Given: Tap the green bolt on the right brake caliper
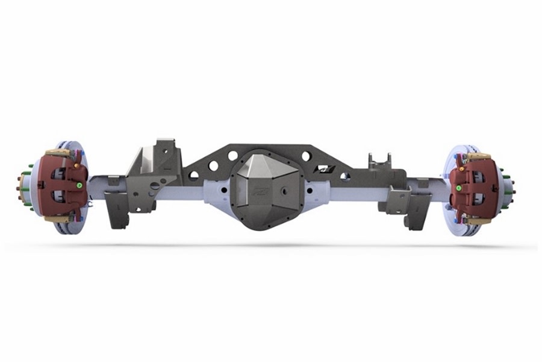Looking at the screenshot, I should point(458,188).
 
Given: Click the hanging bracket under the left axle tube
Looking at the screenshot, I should point(117,208).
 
